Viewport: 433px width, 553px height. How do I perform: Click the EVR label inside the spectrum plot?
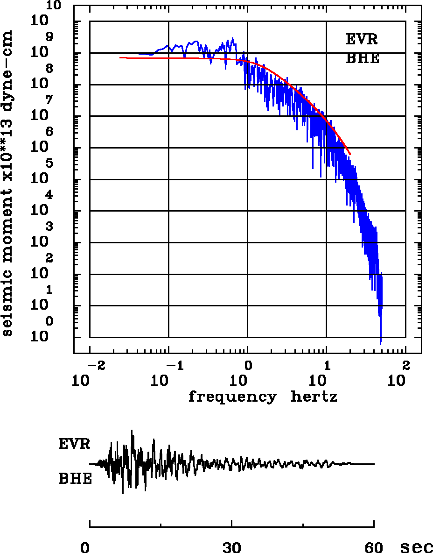pos(362,39)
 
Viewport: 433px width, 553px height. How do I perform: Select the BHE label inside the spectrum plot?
pos(362,59)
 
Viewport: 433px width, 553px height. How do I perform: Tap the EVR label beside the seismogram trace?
pos(74,444)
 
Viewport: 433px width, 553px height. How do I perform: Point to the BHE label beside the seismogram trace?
pos(75,479)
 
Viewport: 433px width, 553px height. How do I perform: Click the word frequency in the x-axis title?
pos(232,397)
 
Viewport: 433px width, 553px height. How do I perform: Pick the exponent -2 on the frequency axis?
pos(95,365)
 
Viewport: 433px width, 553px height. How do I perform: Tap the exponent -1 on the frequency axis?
pos(174,365)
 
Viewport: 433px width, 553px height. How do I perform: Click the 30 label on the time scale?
pos(232,547)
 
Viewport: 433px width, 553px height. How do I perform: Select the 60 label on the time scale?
pos(374,547)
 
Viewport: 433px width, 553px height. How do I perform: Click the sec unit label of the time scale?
pos(417,547)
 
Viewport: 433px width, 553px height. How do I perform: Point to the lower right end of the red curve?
pos(350,153)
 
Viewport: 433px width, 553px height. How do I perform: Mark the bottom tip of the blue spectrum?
pos(381,344)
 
